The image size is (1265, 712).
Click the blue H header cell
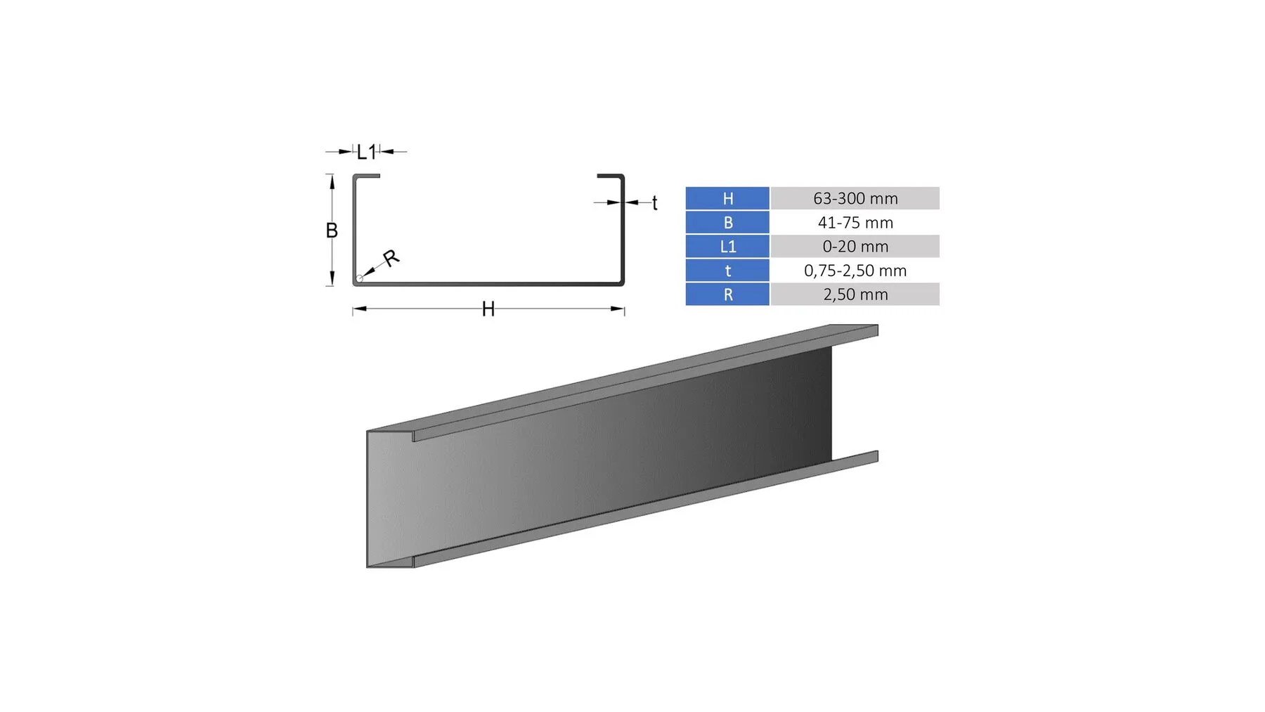(727, 198)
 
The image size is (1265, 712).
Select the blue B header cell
(727, 222)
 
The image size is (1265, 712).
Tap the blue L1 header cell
(727, 246)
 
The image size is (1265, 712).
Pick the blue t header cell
(727, 270)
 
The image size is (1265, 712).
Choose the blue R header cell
(727, 294)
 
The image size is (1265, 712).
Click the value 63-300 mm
(855, 198)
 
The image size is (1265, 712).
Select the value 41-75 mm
(855, 222)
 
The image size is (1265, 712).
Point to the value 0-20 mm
(855, 246)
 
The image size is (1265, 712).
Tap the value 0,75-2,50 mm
(855, 270)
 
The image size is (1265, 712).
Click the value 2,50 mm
(855, 294)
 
